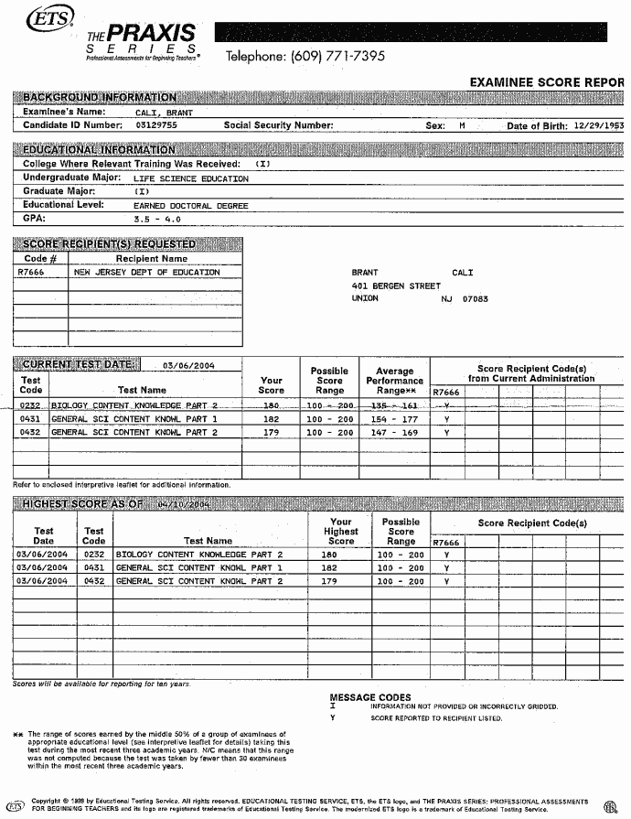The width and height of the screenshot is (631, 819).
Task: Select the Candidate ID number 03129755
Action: (x=155, y=125)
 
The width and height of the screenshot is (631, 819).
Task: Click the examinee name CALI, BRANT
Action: (x=164, y=113)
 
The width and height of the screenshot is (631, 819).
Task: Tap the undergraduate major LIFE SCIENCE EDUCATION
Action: (x=190, y=178)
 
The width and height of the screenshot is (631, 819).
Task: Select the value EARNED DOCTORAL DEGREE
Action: (x=190, y=206)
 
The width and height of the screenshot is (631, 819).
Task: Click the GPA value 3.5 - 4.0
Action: (x=156, y=220)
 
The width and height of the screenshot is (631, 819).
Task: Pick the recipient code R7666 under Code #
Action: (x=32, y=272)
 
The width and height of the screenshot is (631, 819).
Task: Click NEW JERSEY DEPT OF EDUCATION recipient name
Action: (x=146, y=272)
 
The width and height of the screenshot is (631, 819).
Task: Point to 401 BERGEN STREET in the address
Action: (x=396, y=286)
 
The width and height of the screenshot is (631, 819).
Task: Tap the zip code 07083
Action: (x=476, y=299)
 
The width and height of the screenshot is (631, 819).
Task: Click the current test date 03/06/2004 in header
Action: (x=187, y=365)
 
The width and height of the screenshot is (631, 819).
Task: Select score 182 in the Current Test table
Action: (x=271, y=418)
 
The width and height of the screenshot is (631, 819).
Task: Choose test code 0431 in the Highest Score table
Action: (x=93, y=567)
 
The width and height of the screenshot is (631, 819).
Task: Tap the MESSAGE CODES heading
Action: (x=369, y=697)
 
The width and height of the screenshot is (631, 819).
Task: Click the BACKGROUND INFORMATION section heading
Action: (x=99, y=97)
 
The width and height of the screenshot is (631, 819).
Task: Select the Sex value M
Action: (x=462, y=126)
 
